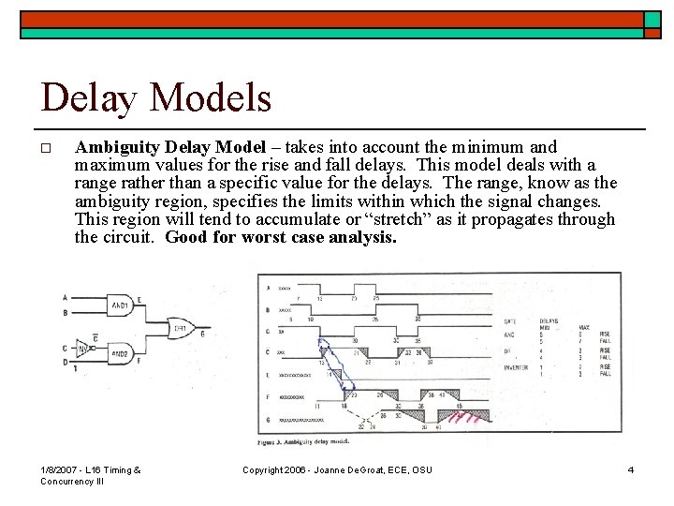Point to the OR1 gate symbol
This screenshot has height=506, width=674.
[x=179, y=330]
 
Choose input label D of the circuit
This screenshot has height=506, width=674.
[x=64, y=361]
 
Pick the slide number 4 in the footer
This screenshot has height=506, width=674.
[x=631, y=469]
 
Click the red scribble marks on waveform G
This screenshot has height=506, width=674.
[x=462, y=418]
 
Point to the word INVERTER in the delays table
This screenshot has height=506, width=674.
[x=542, y=367]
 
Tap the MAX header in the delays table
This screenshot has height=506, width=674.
[x=584, y=327]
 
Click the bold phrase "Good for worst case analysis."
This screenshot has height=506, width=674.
[x=281, y=237]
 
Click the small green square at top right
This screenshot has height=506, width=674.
[x=652, y=20]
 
